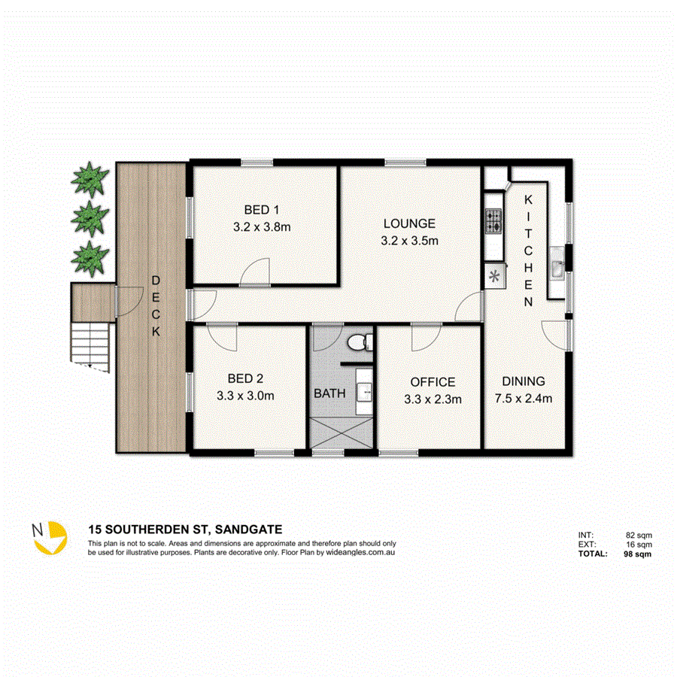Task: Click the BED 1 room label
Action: click(262, 210)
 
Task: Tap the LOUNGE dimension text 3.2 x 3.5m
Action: click(409, 241)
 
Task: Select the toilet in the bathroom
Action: click(361, 342)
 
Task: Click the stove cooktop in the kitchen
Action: click(493, 221)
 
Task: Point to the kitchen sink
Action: click(557, 269)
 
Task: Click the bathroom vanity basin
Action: click(365, 390)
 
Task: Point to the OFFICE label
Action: click(433, 382)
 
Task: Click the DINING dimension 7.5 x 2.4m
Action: click(524, 399)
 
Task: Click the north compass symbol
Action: click(47, 536)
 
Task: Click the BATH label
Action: click(329, 393)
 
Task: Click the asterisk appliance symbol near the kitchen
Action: click(495, 276)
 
